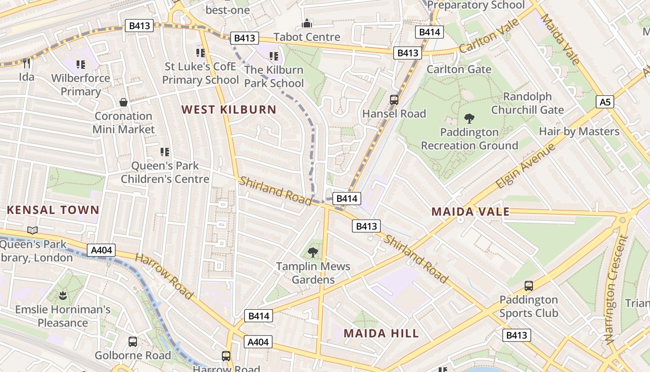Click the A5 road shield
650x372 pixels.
tap(604, 101)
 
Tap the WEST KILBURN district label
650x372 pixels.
tap(229, 110)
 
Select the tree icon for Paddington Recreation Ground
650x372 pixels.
tap(469, 119)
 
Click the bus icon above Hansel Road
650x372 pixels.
tap(394, 100)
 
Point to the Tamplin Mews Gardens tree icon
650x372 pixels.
tap(313, 252)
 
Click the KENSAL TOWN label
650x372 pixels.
tap(53, 210)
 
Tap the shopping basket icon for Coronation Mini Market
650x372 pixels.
tap(123, 102)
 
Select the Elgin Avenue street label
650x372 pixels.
tap(526, 166)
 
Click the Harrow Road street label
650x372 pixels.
tap(164, 276)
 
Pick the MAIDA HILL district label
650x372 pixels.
tap(381, 333)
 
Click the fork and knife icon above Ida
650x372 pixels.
tap(26, 63)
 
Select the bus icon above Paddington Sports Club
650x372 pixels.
tap(528, 286)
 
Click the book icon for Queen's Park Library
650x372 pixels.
tap(32, 230)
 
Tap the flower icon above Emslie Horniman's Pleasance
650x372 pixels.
tap(63, 295)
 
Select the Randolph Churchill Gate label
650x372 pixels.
tap(527, 103)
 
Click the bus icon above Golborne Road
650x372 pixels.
tap(133, 342)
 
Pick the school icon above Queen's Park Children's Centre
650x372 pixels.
tap(164, 152)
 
